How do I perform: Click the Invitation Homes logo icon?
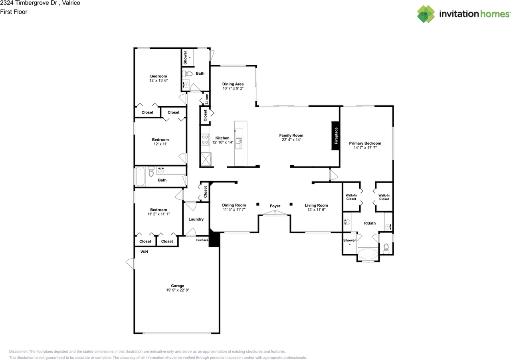[x=426, y=14]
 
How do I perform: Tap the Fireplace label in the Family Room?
[x=336, y=136]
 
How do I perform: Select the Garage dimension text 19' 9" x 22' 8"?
[x=178, y=290]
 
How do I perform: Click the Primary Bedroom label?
[x=365, y=143]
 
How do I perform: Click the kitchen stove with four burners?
[x=205, y=139]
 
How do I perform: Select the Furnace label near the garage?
[x=202, y=240]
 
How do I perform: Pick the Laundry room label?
[x=196, y=219]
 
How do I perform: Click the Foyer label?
[x=275, y=206]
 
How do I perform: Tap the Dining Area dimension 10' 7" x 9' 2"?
[x=233, y=89]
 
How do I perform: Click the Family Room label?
[x=291, y=135]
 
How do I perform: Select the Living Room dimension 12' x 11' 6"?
[x=316, y=210]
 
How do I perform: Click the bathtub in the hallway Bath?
[x=140, y=176]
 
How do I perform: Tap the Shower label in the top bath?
[x=185, y=58]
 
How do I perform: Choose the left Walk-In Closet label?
[x=351, y=197]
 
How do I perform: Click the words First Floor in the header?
[x=14, y=12]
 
